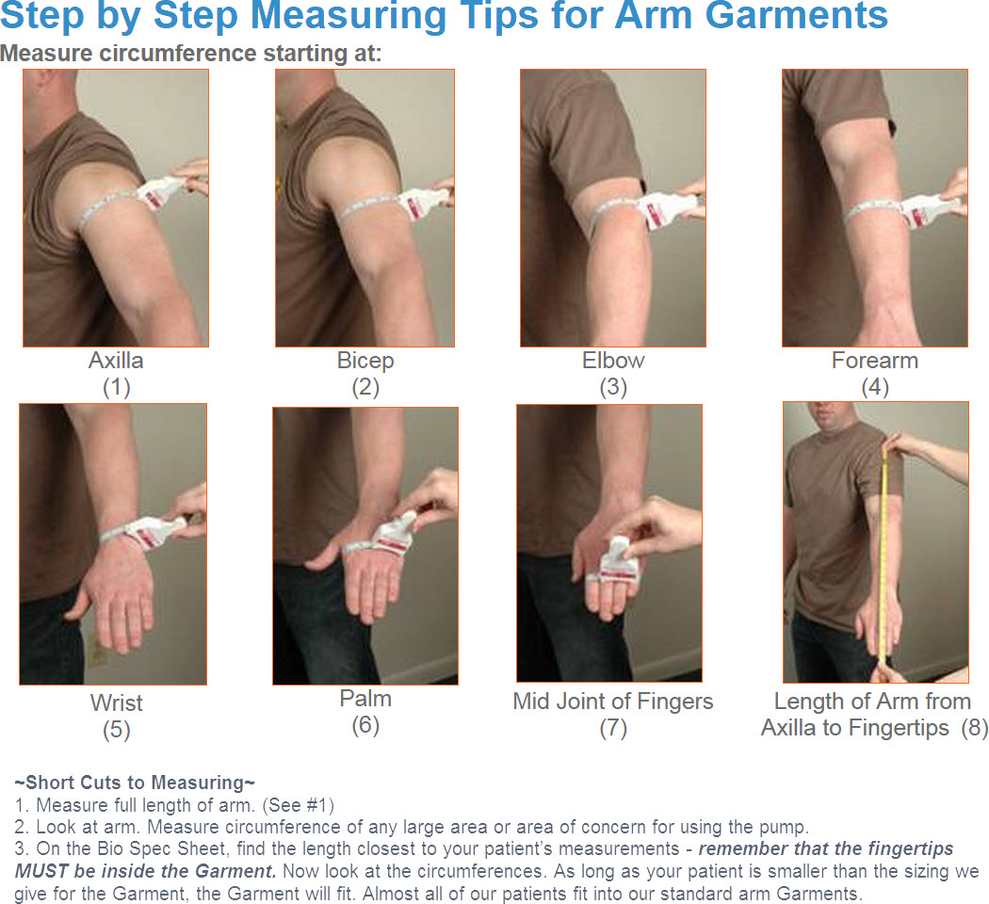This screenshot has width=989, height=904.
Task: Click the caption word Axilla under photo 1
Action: click(x=116, y=361)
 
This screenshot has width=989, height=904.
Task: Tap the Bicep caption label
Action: click(x=365, y=361)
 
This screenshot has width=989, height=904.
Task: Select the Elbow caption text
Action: click(x=613, y=361)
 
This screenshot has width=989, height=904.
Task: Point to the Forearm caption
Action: click(x=874, y=361)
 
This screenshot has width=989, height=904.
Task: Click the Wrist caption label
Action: click(x=117, y=702)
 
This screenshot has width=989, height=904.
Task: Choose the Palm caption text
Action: click(x=365, y=699)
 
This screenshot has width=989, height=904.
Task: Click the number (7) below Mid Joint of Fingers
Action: click(x=613, y=728)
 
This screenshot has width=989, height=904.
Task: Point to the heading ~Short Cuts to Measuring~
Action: click(x=135, y=783)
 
